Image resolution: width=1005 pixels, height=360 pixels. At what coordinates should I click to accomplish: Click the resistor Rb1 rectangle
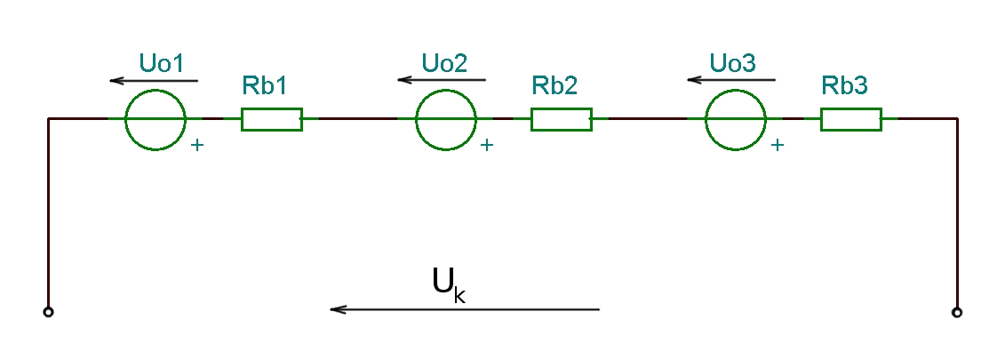[x=272, y=108]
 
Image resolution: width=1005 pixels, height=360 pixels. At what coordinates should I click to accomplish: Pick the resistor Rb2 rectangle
[x=562, y=108]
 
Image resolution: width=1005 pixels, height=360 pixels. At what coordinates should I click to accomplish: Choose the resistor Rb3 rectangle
[x=851, y=108]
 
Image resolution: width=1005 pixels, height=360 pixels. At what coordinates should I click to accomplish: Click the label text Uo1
[x=162, y=63]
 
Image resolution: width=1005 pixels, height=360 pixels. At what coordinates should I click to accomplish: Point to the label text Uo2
[x=445, y=63]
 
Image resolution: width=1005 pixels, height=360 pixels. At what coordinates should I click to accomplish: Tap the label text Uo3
[x=733, y=63]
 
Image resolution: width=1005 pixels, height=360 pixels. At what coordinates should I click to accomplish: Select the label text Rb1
[x=265, y=85]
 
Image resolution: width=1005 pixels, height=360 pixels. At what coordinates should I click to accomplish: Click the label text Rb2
[x=555, y=85]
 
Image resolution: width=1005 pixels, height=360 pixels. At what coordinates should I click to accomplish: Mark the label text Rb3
[x=845, y=85]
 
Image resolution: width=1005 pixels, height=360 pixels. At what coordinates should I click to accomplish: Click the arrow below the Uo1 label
[x=154, y=81]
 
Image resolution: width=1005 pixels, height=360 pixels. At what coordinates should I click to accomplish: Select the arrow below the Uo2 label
[x=442, y=80]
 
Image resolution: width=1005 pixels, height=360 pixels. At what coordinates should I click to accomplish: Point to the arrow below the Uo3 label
[x=731, y=80]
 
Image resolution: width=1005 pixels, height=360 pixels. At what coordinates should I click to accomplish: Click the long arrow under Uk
[x=465, y=309]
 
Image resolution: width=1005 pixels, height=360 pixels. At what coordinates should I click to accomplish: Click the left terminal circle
[x=48, y=313]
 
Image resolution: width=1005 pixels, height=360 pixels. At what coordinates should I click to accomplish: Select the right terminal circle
[x=957, y=313]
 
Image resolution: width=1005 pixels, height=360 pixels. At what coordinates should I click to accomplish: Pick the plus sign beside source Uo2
[x=487, y=145]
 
